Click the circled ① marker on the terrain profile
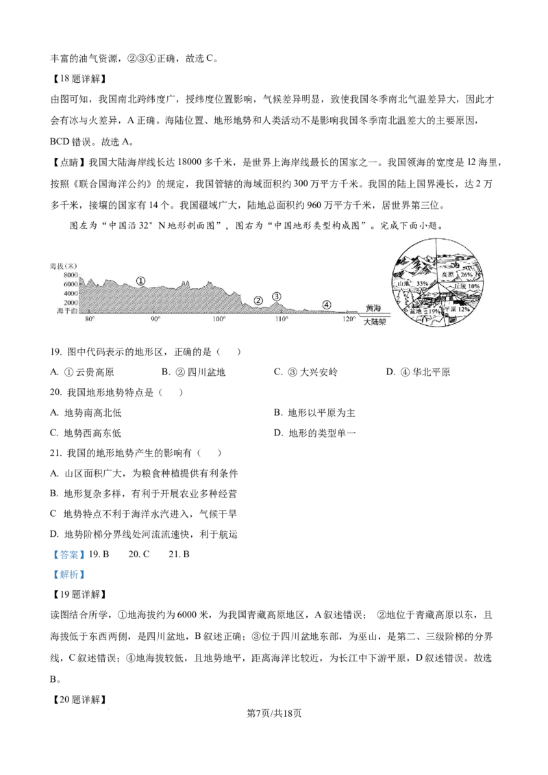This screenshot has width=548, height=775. point(140,281)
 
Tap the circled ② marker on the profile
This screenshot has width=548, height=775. point(258,301)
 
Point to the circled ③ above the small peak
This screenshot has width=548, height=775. point(277,296)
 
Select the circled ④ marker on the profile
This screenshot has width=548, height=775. point(327,305)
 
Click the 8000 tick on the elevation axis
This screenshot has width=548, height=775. point(71,275)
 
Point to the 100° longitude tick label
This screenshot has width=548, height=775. point(219,319)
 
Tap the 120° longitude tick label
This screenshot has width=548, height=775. point(349,319)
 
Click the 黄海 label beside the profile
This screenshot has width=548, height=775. point(373,308)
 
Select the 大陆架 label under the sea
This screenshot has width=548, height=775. point(375,322)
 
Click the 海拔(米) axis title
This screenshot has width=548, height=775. point(63,266)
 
